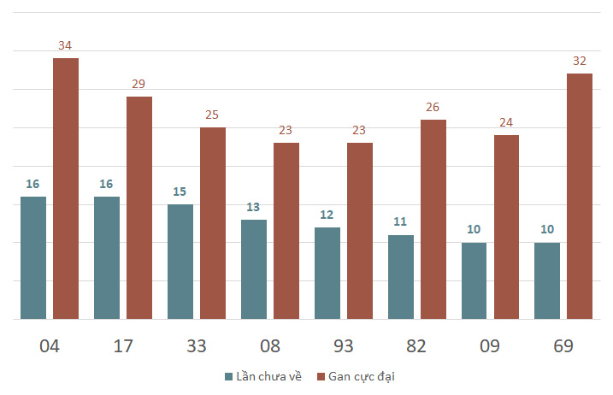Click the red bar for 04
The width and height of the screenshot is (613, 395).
click(x=66, y=188)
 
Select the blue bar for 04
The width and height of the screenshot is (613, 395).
click(x=33, y=257)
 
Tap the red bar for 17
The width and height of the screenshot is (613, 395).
click(x=139, y=208)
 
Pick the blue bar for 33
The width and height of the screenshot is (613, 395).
click(x=180, y=262)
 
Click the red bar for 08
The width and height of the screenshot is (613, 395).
click(x=286, y=231)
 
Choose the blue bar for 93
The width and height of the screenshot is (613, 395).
click(x=327, y=273)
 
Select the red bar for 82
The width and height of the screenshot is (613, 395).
click(x=433, y=219)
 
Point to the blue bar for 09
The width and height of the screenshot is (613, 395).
click(x=474, y=280)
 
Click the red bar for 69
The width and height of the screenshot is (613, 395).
click(x=580, y=196)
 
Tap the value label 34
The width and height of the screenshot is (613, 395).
click(x=65, y=45)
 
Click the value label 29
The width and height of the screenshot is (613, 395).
click(x=139, y=84)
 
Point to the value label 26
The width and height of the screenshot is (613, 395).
click(x=433, y=107)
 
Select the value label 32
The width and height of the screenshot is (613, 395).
click(x=580, y=61)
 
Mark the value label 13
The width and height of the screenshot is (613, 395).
click(x=254, y=207)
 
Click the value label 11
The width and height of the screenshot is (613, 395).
click(x=400, y=222)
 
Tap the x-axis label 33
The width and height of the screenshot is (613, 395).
click(x=197, y=345)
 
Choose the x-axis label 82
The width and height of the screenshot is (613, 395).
click(x=416, y=345)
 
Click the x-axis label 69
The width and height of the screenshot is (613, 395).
click(x=563, y=345)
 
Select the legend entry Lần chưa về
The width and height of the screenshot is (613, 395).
click(x=262, y=376)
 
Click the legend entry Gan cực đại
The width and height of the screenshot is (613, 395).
click(x=356, y=376)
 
